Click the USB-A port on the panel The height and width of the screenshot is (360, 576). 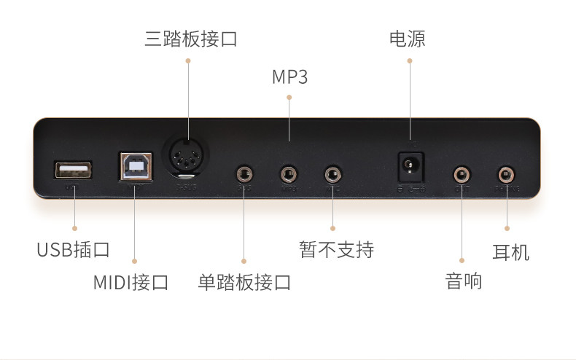(x=73, y=170)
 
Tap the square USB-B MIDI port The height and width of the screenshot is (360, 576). (x=136, y=167)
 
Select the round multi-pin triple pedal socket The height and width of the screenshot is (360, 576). (x=187, y=154)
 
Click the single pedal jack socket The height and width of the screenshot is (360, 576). (x=244, y=173)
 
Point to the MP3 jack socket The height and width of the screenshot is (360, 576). (x=289, y=173)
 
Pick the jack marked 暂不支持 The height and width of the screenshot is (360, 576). (x=333, y=173)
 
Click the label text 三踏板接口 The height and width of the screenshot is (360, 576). (x=190, y=39)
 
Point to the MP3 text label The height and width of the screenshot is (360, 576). (x=289, y=77)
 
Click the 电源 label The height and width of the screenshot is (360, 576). (x=408, y=39)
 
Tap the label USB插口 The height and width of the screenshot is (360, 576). (x=74, y=250)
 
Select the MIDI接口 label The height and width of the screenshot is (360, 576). (x=131, y=282)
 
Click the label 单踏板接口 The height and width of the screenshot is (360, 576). (x=244, y=282)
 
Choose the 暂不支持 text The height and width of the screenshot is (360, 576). (x=336, y=250)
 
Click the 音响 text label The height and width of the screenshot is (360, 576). (x=464, y=281)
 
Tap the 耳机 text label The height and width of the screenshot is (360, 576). (x=510, y=252)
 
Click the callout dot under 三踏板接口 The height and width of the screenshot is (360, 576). (x=188, y=61)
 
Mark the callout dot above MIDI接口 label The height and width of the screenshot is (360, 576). (x=135, y=260)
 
